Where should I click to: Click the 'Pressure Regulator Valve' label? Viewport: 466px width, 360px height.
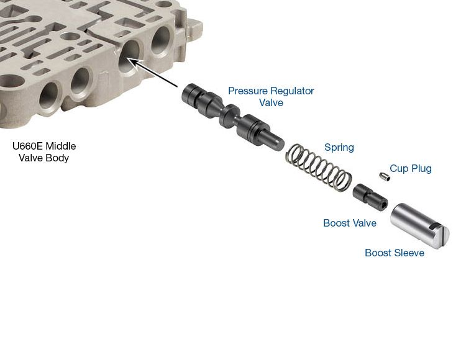click(271, 97)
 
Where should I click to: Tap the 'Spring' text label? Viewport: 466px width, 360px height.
click(339, 148)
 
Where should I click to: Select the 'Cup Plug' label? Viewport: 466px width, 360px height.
click(410, 168)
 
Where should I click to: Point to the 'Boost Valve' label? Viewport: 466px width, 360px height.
click(350, 223)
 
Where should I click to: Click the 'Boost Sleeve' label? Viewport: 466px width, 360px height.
click(395, 253)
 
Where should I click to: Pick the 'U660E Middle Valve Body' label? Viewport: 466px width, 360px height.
click(44, 152)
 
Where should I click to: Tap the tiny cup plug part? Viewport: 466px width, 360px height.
click(385, 179)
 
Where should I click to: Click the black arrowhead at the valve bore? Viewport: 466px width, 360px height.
click(130, 60)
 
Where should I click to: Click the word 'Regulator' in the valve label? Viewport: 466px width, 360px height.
click(293, 91)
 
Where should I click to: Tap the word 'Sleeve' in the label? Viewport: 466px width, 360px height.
click(409, 253)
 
